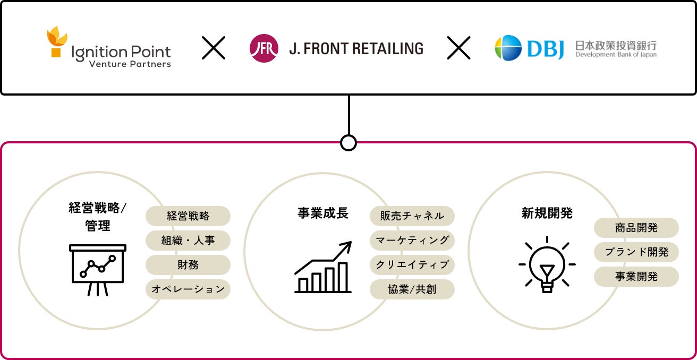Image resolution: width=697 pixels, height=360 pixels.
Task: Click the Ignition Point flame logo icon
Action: pyautogui.click(x=57, y=42)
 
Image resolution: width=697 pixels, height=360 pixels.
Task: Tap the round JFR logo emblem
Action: pyautogui.click(x=263, y=48)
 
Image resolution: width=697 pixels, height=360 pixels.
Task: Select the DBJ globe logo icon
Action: pyautogui.click(x=508, y=48)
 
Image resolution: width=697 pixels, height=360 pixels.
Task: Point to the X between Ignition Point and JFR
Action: pyautogui.click(x=214, y=48)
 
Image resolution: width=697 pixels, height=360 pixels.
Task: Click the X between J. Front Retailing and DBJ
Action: pyautogui.click(x=458, y=48)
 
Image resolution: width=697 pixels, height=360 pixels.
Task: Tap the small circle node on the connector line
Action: pyautogui.click(x=348, y=142)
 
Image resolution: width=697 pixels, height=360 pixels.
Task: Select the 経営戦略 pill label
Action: pyautogui.click(x=188, y=216)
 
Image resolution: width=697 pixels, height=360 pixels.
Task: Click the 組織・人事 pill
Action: pyautogui.click(x=188, y=241)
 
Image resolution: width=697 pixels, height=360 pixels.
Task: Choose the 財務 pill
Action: pyautogui.click(x=188, y=265)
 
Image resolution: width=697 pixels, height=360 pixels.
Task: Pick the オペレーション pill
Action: pyautogui.click(x=188, y=289)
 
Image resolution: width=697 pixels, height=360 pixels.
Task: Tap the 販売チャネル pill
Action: pyautogui.click(x=412, y=216)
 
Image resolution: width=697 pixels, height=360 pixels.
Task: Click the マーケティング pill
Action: pyautogui.click(x=412, y=241)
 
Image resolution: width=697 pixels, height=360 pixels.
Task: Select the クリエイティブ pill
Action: pyautogui.click(x=412, y=265)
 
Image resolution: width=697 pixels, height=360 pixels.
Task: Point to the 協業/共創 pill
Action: pyautogui.click(x=412, y=289)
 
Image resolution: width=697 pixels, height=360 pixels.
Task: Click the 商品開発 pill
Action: pyautogui.click(x=636, y=228)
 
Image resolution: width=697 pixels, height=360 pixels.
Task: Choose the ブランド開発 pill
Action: pyautogui.click(x=636, y=252)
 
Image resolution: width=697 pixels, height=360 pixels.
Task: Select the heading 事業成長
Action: pyautogui.click(x=323, y=213)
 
